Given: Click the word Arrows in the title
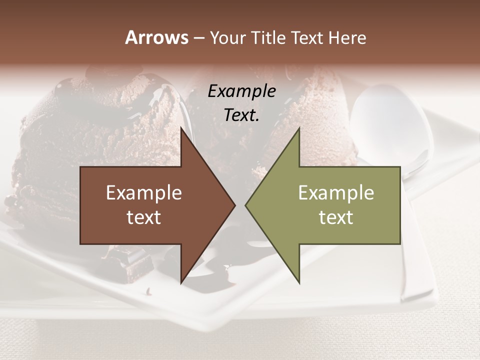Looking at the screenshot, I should coord(157,37).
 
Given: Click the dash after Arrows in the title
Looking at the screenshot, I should coord(198,38).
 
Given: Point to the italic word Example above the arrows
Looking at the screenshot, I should coord(241,91).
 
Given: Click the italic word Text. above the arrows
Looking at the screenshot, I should coord(241,115).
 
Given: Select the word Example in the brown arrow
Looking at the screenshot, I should coord(144,192).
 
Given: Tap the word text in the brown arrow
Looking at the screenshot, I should coord(144,217).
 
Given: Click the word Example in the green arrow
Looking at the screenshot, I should coord(336,192).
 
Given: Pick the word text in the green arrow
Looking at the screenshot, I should coord(336,217).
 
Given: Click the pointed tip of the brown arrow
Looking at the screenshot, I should coord(234,205).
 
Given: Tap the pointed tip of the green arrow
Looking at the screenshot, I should coord(246,205).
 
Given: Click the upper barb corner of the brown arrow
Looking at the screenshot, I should coord(181,128).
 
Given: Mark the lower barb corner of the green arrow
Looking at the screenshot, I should coord(299,282).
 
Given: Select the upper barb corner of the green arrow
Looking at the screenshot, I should coord(299,128).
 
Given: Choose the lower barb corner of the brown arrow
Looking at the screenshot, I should coord(181,282).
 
